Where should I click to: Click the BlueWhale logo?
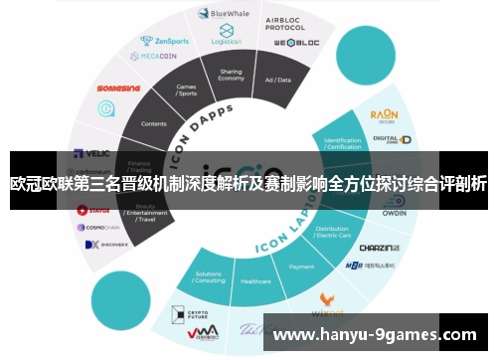point(226,13)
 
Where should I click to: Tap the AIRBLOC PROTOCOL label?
point(286,24)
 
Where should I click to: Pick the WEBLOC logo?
point(295,45)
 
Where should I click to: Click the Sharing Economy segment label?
point(231,77)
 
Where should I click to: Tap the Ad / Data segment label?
point(277,80)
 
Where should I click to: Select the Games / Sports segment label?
point(186,91)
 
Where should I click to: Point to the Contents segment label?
point(155,123)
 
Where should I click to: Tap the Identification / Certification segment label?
point(342,143)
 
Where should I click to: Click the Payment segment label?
point(301,267)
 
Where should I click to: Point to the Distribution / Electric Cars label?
point(332,236)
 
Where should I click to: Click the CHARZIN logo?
point(378,248)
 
